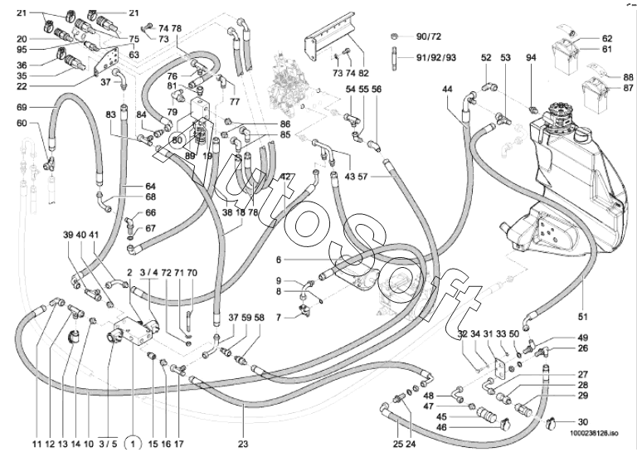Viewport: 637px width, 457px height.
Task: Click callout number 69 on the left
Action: (22, 107)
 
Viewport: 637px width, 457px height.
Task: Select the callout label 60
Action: (22, 124)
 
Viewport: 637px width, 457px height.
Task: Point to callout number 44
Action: (448, 89)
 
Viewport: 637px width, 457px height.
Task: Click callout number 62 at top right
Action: (607, 38)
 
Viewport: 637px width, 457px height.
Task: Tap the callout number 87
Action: (629, 88)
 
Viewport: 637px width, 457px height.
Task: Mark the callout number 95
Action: (22, 50)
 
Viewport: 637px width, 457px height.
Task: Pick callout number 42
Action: (284, 176)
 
